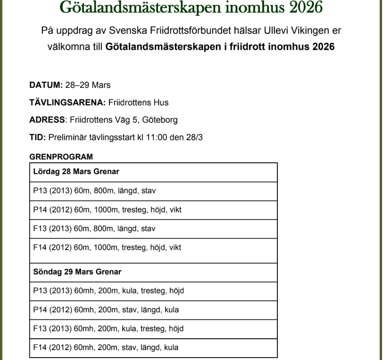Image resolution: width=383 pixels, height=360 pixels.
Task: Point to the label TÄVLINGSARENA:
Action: click(x=67, y=102)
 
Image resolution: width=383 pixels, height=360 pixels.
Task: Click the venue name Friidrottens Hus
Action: click(x=138, y=102)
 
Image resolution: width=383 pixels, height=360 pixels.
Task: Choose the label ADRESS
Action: click(x=47, y=120)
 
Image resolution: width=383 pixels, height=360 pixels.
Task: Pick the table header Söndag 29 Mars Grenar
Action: click(x=77, y=272)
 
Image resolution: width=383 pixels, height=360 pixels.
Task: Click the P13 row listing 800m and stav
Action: click(x=94, y=191)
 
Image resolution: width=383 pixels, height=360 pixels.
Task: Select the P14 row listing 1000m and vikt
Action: click(x=107, y=210)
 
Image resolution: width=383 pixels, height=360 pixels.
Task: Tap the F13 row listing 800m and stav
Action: click(x=94, y=229)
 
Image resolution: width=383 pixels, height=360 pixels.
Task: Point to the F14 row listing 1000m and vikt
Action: click(x=107, y=247)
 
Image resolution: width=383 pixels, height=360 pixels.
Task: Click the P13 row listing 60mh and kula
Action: click(x=108, y=291)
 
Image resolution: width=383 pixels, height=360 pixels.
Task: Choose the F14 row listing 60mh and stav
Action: click(x=106, y=348)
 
